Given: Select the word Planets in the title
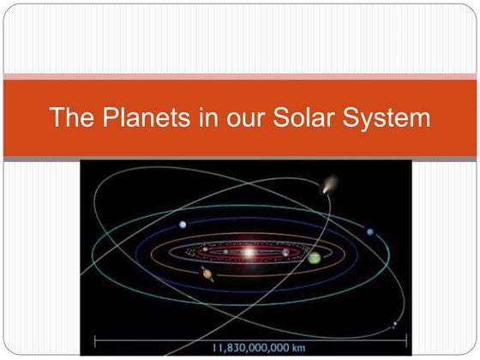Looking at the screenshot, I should pos(141,118).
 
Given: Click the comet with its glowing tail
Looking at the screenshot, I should pos(327,185).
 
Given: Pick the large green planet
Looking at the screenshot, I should pos(315,258).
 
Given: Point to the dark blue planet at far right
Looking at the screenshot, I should pos(370,231).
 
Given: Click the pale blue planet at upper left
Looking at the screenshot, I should pos(183,225).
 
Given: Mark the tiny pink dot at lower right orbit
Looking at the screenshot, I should pos(394,323).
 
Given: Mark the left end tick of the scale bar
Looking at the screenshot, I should pos(94,344).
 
